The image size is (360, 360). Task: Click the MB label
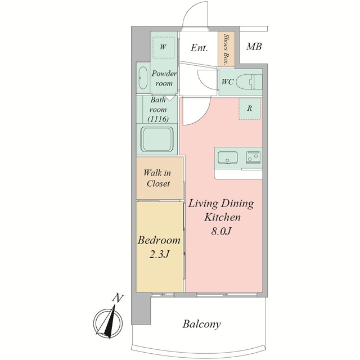click(x=254, y=47)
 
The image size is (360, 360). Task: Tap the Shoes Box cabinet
click(x=226, y=49)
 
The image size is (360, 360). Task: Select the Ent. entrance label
click(x=199, y=48)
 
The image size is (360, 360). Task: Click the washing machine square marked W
click(x=163, y=47)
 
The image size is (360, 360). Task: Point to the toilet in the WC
click(x=249, y=82)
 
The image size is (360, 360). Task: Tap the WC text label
click(x=227, y=82)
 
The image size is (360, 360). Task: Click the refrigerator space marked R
click(x=250, y=109)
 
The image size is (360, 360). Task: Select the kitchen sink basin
click(x=227, y=158)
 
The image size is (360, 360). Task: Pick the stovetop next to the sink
click(x=254, y=157)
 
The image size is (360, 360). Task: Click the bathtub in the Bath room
click(x=157, y=139)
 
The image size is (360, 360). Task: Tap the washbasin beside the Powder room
click(x=143, y=78)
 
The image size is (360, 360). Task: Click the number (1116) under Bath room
click(x=158, y=119)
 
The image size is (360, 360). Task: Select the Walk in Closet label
click(x=157, y=178)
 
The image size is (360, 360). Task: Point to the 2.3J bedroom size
click(x=159, y=254)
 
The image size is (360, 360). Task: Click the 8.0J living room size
click(x=220, y=231)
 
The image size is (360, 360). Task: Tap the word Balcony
click(x=201, y=325)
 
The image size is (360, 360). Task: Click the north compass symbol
click(x=108, y=322)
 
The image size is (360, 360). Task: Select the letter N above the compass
click(x=118, y=298)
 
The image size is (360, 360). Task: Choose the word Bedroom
click(x=159, y=240)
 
